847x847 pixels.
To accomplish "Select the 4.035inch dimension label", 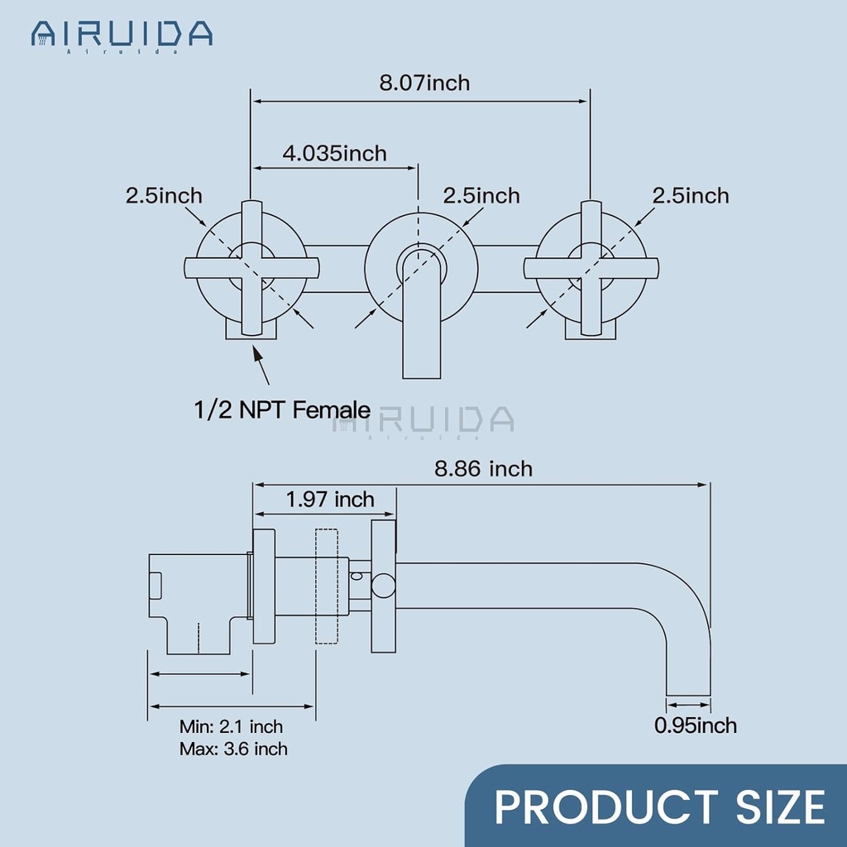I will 334,153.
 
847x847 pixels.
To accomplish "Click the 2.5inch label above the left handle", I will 164,195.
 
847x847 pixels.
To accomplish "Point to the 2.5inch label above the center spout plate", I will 481,195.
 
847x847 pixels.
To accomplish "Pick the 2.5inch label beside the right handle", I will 691,195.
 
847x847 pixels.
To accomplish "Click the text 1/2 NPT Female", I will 282,408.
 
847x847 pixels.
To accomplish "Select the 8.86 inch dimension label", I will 484,469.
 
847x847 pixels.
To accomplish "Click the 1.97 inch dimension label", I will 330,500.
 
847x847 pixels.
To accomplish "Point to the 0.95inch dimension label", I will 695,725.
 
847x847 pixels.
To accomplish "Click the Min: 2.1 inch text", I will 231,727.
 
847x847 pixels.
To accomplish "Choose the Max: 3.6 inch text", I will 233,749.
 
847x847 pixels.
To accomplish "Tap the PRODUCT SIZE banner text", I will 659,806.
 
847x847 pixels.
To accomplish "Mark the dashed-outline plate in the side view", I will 326,586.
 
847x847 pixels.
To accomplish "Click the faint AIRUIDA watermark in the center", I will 423,421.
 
